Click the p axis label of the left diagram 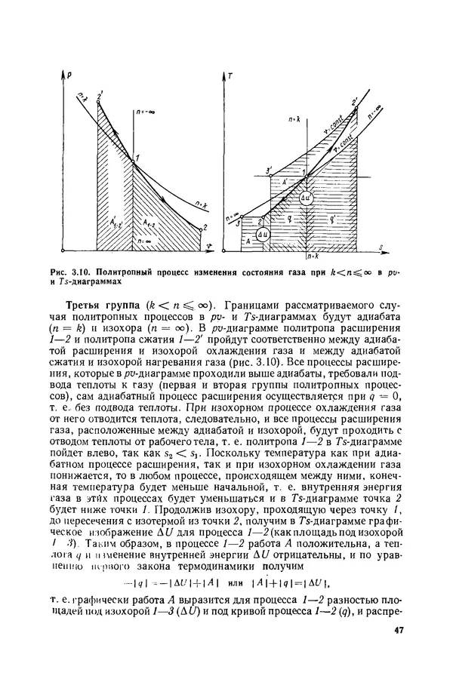click(69, 77)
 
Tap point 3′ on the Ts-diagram click(268, 171)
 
